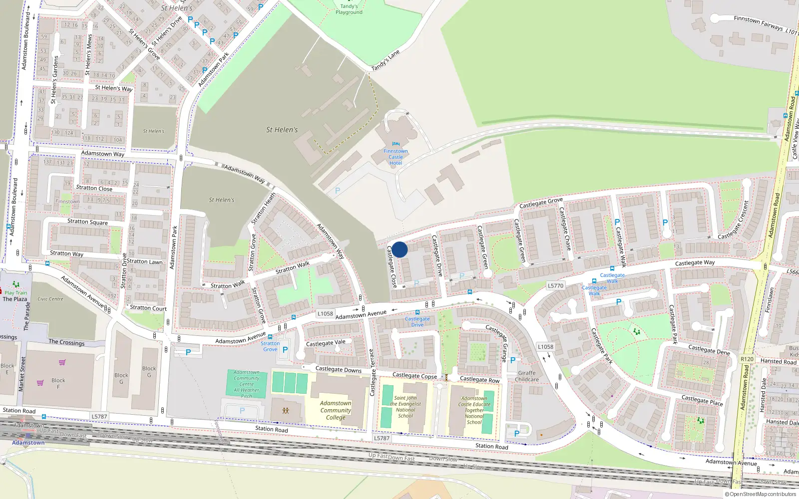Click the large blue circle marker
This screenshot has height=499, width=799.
pyautogui.click(x=399, y=249)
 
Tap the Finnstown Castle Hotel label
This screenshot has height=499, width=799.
pyautogui.click(x=396, y=157)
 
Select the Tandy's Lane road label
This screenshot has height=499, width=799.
pyautogui.click(x=386, y=60)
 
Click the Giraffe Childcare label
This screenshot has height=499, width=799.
pyautogui.click(x=527, y=376)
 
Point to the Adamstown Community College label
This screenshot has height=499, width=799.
pyautogui.click(x=336, y=410)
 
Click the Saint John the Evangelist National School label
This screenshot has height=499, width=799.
pyautogui.click(x=405, y=407)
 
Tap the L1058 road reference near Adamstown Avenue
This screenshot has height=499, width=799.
pyautogui.click(x=325, y=314)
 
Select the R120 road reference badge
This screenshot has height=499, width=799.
pyautogui.click(x=747, y=359)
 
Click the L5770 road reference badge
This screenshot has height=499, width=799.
pyautogui.click(x=555, y=286)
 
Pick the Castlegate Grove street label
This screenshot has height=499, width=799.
pyautogui.click(x=541, y=203)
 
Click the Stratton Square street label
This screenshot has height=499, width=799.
pyautogui.click(x=87, y=222)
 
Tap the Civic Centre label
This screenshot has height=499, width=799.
pyautogui.click(x=50, y=299)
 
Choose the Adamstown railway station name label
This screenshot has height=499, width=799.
pyautogui.click(x=28, y=443)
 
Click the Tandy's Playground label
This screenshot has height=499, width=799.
pyautogui.click(x=349, y=9)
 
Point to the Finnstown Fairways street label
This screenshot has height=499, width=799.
pyautogui.click(x=759, y=23)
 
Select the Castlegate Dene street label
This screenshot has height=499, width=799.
pyautogui.click(x=709, y=349)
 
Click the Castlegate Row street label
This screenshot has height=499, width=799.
pyautogui.click(x=479, y=380)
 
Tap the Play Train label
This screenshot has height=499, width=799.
pyautogui.click(x=16, y=293)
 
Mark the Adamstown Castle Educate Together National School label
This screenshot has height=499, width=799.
pyautogui.click(x=474, y=410)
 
